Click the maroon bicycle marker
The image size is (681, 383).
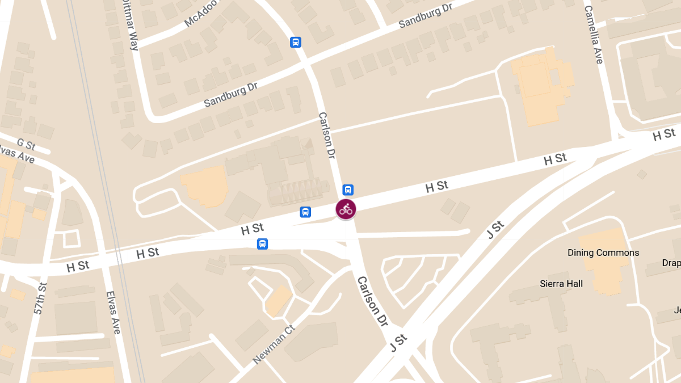pyautogui.click(x=346, y=209)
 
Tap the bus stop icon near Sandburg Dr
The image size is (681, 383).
pyautogui.click(x=296, y=42)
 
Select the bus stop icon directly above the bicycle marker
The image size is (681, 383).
pyautogui.click(x=348, y=190)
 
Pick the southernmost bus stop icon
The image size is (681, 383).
pyautogui.click(x=262, y=244)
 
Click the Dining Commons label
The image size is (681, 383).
pyautogui.click(x=603, y=252)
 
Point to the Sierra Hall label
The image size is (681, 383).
pyautogui.click(x=561, y=283)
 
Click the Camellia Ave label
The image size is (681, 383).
pyautogui.click(x=593, y=35)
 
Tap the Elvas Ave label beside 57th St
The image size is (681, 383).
pyautogui.click(x=113, y=312)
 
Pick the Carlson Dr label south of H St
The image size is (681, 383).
pyautogui.click(x=372, y=301)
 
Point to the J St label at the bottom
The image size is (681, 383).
pyautogui.click(x=398, y=343)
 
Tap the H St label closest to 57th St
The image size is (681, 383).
pyautogui.click(x=78, y=266)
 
